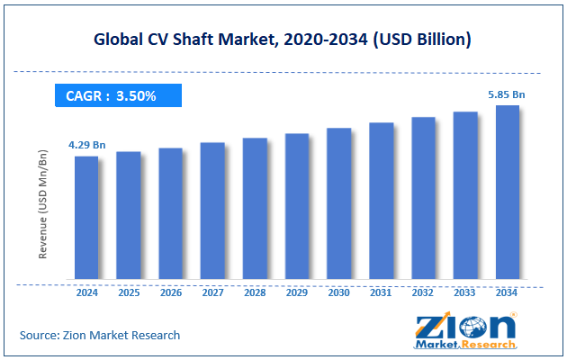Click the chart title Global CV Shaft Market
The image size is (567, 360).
coord(283,40)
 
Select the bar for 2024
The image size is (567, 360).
coord(86,218)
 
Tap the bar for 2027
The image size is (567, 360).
coord(212,211)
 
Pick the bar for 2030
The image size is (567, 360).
coord(338,204)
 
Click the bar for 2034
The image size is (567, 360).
coord(507,193)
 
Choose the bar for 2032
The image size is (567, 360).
coord(423,198)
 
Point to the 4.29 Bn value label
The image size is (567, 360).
coord(86,144)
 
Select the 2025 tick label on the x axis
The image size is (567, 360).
coord(129,292)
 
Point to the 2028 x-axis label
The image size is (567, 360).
coord(255,292)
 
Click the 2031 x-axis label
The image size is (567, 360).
coord(381,292)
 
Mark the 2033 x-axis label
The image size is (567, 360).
coord(465,292)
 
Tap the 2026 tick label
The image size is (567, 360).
coord(171,292)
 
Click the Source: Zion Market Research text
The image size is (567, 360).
coord(100,335)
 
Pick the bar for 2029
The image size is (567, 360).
coord(297,207)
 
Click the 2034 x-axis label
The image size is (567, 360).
coord(507,292)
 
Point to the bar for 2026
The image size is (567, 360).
coord(171,213)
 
